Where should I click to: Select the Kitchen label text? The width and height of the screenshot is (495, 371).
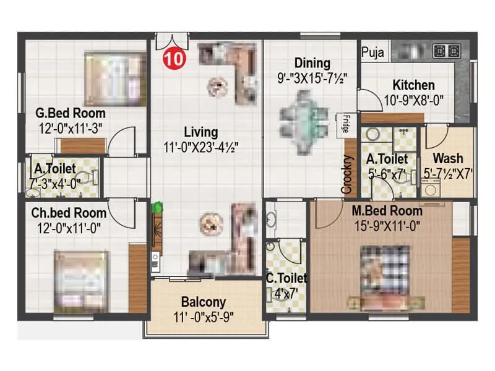413,85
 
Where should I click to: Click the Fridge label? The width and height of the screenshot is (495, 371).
342,124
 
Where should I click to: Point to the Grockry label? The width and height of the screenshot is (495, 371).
348,175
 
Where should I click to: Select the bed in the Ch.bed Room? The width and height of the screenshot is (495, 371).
81,281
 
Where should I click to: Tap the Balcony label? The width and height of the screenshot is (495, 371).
203,302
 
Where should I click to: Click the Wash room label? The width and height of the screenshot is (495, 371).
447,158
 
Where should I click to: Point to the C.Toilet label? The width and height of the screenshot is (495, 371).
286,278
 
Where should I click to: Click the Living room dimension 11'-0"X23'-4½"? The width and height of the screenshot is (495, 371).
201,147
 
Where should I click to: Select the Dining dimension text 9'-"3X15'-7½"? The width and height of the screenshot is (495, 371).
312,79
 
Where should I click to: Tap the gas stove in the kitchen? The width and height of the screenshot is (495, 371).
446,51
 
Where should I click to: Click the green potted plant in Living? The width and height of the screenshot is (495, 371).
158,208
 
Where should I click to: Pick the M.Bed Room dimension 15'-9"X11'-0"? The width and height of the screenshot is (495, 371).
386,226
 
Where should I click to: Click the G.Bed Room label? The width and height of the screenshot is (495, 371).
70,113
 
